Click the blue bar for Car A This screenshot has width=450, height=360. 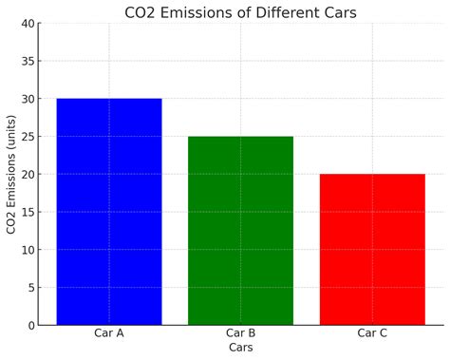(x=109, y=211)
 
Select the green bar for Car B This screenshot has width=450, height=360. (x=240, y=230)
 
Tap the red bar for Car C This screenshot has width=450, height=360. (x=372, y=249)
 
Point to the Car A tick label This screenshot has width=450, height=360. (x=109, y=333)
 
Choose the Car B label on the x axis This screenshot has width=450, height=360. (x=240, y=333)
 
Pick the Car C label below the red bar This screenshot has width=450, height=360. (x=372, y=333)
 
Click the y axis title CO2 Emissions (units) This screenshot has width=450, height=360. (x=10, y=174)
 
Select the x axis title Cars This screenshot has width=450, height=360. (x=240, y=349)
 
